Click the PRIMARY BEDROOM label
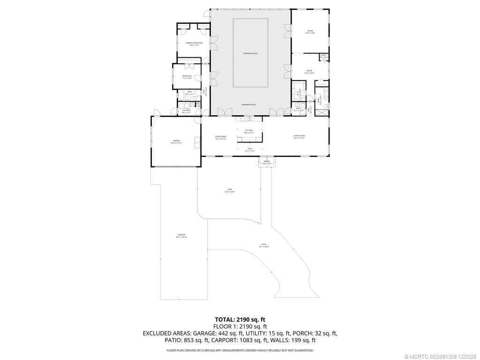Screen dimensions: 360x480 click(194, 44)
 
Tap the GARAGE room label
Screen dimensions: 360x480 click(176, 141)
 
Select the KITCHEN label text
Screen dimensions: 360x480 click(248, 131)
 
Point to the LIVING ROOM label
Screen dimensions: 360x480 click(299, 136)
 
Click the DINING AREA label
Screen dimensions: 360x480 click(221, 137)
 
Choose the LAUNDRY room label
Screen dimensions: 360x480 click(186, 111)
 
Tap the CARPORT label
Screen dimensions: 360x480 click(181, 235)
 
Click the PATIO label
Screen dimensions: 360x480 click(264, 245)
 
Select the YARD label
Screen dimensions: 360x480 click(229, 190)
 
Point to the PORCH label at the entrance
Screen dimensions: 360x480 click(267, 162)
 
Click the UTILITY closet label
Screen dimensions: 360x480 click(323, 56)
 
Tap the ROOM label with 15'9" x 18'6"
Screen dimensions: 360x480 click(310, 32)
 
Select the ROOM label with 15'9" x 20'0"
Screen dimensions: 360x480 click(309, 72)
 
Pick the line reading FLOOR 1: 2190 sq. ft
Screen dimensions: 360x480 click(240, 326)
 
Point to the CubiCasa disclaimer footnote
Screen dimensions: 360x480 click(240, 350)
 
